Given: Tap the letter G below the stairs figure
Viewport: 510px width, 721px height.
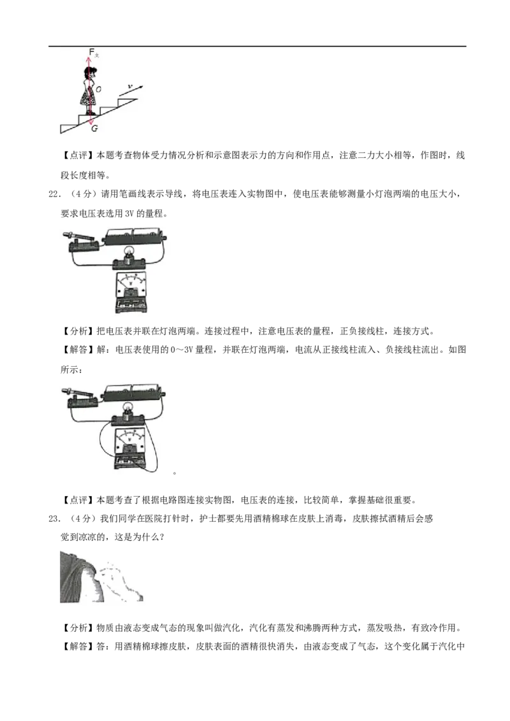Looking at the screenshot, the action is pyautogui.click(x=94, y=129).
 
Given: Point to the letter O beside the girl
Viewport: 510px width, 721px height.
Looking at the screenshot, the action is pyautogui.click(x=99, y=89).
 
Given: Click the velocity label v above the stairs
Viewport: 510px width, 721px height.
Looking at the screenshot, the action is pyautogui.click(x=130, y=86).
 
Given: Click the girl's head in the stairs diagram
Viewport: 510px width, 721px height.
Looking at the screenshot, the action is pyautogui.click(x=89, y=73).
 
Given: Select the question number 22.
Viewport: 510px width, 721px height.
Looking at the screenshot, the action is pyautogui.click(x=54, y=194).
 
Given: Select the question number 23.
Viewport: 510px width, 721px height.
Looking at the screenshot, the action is pyautogui.click(x=54, y=518).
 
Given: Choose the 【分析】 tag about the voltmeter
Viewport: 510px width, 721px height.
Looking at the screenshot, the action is pyautogui.click(x=78, y=331).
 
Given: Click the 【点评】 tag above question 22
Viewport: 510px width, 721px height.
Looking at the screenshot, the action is pyautogui.click(x=78, y=155).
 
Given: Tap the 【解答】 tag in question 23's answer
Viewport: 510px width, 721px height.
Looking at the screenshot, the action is pyautogui.click(x=78, y=646).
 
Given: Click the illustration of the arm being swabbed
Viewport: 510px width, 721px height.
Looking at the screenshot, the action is pyautogui.click(x=101, y=576).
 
